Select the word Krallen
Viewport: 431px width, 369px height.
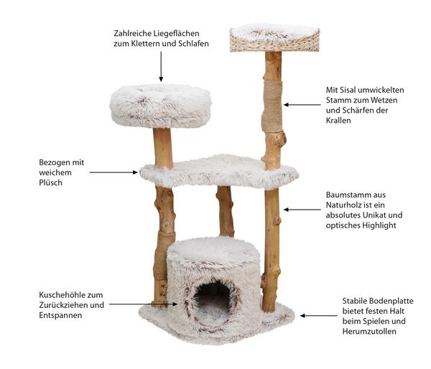coord(338,121)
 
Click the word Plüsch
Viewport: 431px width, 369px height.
coord(50,183)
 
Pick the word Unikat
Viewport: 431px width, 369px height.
coord(375,215)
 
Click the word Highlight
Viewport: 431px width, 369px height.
coord(379,225)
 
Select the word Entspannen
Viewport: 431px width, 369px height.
coord(60,315)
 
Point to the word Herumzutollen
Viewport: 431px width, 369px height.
coord(369,332)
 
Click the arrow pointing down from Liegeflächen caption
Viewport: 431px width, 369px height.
coord(161,67)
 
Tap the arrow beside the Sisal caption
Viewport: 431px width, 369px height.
coord(302,105)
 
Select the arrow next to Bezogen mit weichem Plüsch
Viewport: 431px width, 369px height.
coord(113,172)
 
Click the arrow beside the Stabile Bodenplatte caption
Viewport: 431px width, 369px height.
coord(319,316)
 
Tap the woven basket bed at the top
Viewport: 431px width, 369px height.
coord(274,39)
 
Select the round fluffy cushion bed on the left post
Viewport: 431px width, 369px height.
coord(160,106)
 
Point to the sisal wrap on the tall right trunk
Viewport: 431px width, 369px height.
coord(272,106)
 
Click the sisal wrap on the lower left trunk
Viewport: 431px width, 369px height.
coord(164,256)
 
